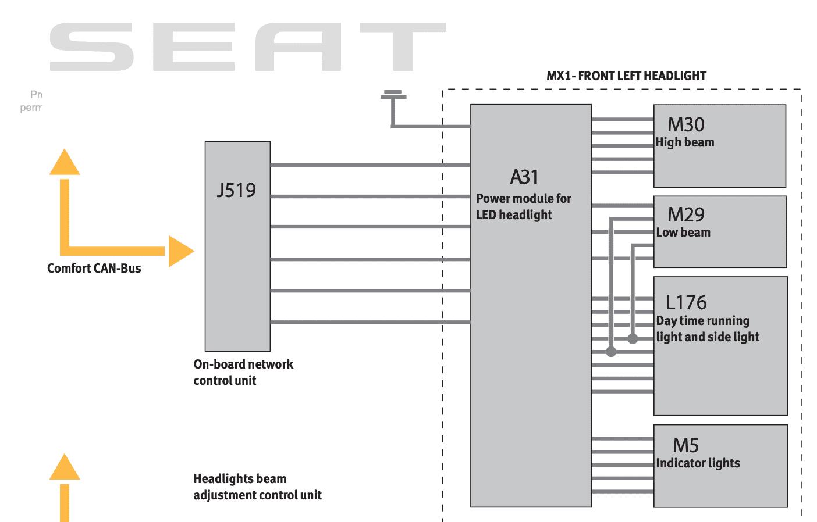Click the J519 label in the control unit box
236,190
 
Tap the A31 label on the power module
524,177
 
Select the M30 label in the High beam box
685,124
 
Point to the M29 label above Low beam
685,214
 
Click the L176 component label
685,302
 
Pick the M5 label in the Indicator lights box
685,445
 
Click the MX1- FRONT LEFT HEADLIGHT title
626,76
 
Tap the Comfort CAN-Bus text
94,268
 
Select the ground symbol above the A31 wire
393,95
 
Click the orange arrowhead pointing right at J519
180,251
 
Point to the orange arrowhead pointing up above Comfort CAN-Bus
65,163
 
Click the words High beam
685,142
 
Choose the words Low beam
683,233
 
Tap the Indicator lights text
698,463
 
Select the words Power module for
524,198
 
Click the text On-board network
243,364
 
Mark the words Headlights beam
240,479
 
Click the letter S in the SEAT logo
92,47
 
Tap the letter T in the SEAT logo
403,47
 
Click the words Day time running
702,321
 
